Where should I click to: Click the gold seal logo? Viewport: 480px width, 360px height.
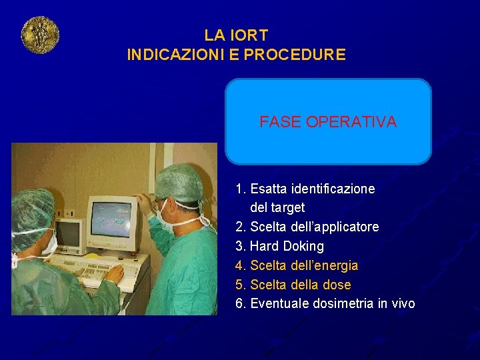point(40,35)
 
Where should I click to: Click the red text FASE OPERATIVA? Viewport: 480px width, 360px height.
point(328,122)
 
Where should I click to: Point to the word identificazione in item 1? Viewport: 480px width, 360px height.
point(333,189)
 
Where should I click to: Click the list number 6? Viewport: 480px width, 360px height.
point(239,304)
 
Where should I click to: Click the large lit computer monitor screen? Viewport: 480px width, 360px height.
point(111,220)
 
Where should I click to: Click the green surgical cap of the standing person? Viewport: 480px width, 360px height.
point(179,181)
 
